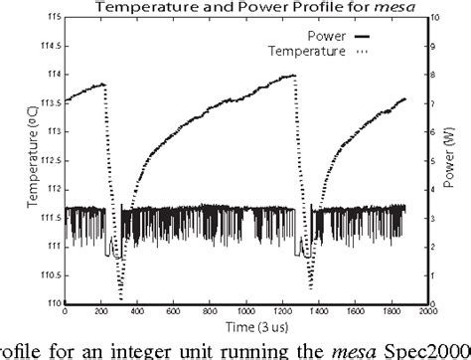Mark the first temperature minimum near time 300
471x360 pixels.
[x=121, y=298]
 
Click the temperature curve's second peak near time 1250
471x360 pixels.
[x=295, y=76]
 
